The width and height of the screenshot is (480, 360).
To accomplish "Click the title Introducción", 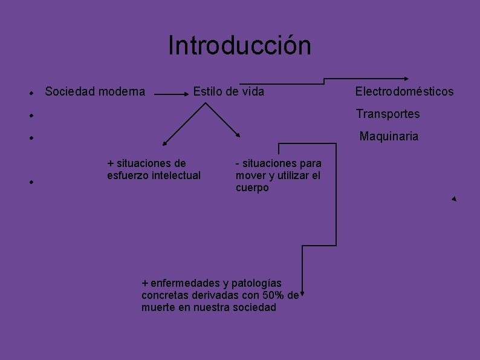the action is tap(239, 45).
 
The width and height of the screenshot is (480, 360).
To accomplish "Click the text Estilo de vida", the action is tap(229, 92).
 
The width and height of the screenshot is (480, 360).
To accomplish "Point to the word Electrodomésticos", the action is tap(404, 92).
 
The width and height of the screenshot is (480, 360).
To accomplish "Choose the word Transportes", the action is tap(388, 114).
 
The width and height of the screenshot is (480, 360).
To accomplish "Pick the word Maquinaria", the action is tap(389, 136).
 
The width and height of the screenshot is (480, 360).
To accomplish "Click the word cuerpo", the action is tap(252, 188).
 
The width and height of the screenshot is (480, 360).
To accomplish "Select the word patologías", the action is tap(257, 283).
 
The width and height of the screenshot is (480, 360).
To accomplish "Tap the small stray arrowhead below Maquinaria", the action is tap(453, 198).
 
